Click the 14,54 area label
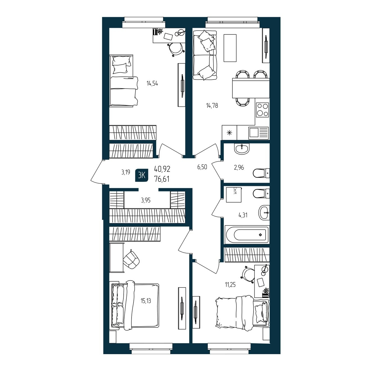152,83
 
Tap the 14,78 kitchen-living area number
212,105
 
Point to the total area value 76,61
162,179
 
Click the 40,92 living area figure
162,169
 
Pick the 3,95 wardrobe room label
146,200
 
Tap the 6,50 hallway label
202,167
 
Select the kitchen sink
258,133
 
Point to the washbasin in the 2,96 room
242,149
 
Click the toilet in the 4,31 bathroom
261,193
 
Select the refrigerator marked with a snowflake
229,132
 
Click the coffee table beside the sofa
230,48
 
